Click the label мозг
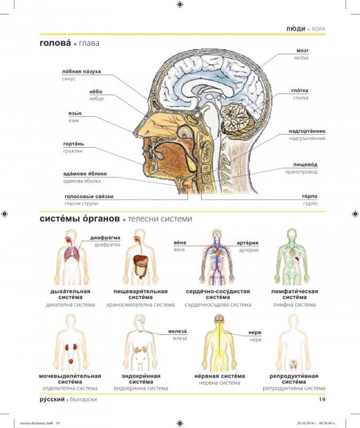pos(302,51)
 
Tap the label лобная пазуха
pos(81,72)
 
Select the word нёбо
pos(96,92)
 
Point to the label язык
pos(75,113)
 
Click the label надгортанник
pos(307,131)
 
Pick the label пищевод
pos(305,165)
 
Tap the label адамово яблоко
pos(85,173)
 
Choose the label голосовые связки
pos(89,197)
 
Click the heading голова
pos(55,43)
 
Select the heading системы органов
pos(80,219)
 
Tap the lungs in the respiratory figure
pos(72,255)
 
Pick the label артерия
pos(247,243)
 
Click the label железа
pos(177,331)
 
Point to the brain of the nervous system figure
pos(219,318)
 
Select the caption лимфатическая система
pos(295,294)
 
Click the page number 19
pos(322,399)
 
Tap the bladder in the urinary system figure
pos(70,362)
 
